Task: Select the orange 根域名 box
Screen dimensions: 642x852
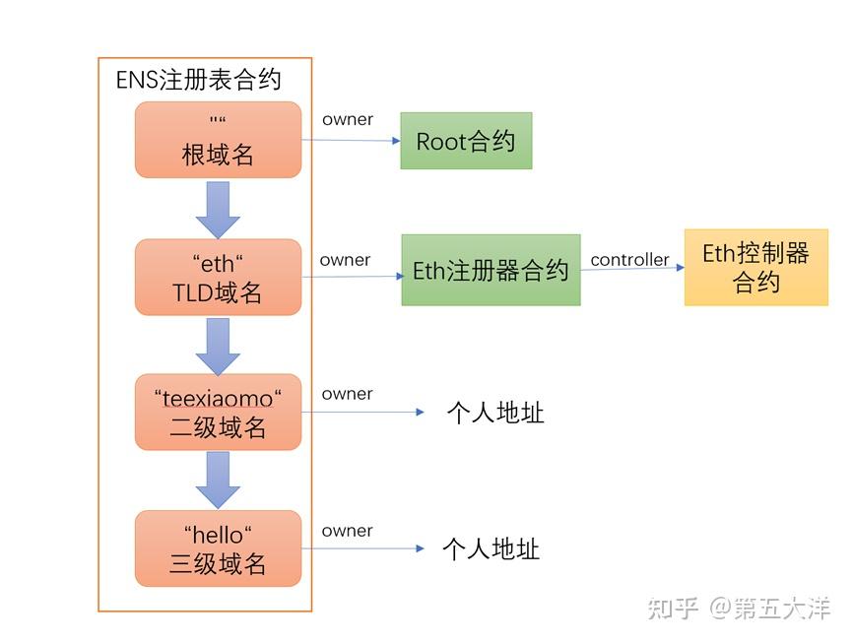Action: click(x=218, y=140)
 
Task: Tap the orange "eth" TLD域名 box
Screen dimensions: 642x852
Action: click(x=218, y=278)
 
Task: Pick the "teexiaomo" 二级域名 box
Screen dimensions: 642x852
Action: click(x=218, y=413)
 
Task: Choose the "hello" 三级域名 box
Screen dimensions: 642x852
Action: click(x=218, y=548)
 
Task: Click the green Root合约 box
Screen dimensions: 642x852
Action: click(x=466, y=141)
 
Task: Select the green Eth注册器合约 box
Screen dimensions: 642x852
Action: click(x=491, y=271)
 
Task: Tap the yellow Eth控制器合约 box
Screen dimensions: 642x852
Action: click(x=755, y=268)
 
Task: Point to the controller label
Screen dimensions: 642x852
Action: click(x=629, y=260)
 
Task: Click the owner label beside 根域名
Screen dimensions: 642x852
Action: click(x=347, y=120)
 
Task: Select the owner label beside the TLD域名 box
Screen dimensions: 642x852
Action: click(x=345, y=260)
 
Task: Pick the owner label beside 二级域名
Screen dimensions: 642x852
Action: click(x=347, y=394)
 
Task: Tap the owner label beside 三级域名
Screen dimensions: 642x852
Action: click(x=347, y=531)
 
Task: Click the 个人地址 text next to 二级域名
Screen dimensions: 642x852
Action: click(x=494, y=413)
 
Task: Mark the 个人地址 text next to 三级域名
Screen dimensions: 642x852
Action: click(x=491, y=548)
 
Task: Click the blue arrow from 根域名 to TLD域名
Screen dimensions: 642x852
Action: click(x=218, y=208)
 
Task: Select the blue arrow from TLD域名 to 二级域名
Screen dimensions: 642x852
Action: click(x=218, y=345)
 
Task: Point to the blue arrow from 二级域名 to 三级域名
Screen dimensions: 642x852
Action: click(x=218, y=480)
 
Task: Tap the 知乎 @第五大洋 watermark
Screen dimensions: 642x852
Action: click(x=738, y=609)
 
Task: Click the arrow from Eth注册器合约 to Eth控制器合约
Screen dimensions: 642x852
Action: click(x=631, y=270)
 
